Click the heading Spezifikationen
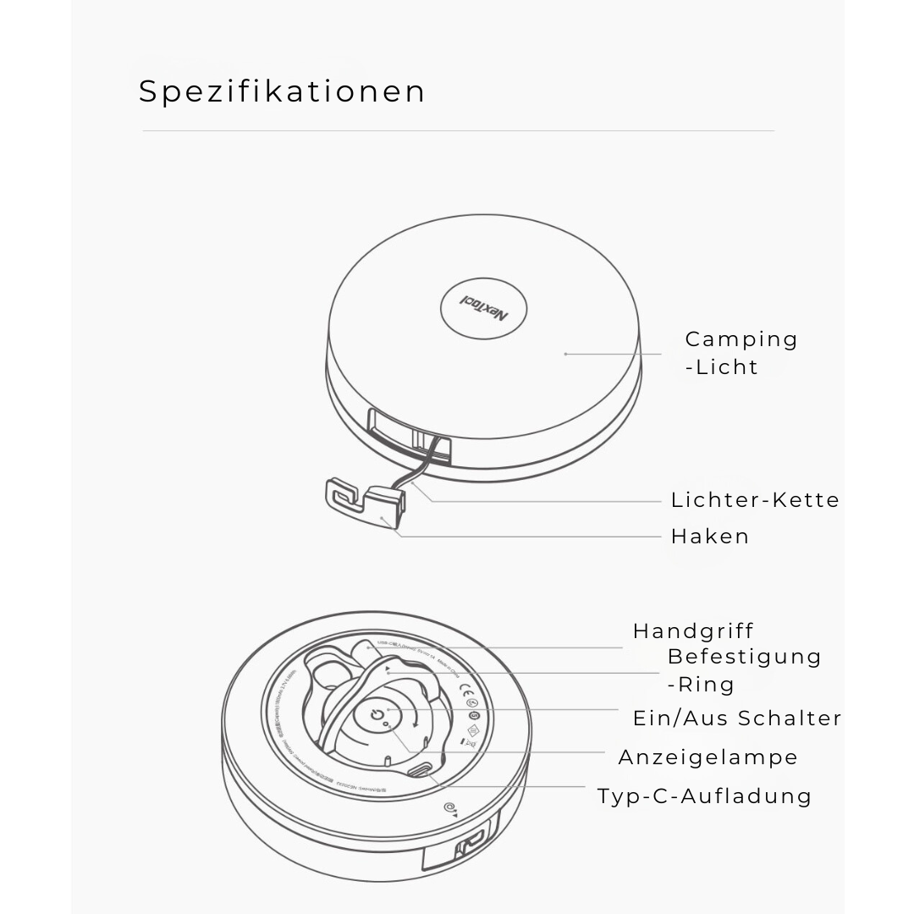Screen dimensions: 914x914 click(282, 91)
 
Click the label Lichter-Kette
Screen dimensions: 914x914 click(755, 500)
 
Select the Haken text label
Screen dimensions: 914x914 click(710, 537)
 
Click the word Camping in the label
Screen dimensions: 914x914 click(741, 339)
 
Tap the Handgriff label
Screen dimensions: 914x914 click(693, 631)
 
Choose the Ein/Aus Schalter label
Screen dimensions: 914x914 click(737, 719)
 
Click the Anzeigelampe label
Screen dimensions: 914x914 click(708, 757)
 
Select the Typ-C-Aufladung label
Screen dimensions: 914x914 click(704, 796)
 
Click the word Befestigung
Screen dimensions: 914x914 click(744, 657)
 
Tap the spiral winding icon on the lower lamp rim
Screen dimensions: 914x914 click(449, 808)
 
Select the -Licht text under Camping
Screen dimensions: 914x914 click(722, 367)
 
